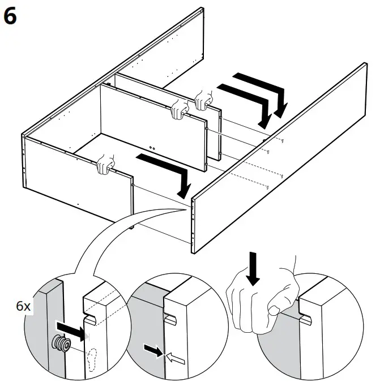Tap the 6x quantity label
pos(24,306)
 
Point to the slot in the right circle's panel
pos(305,321)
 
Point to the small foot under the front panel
pos(131,227)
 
